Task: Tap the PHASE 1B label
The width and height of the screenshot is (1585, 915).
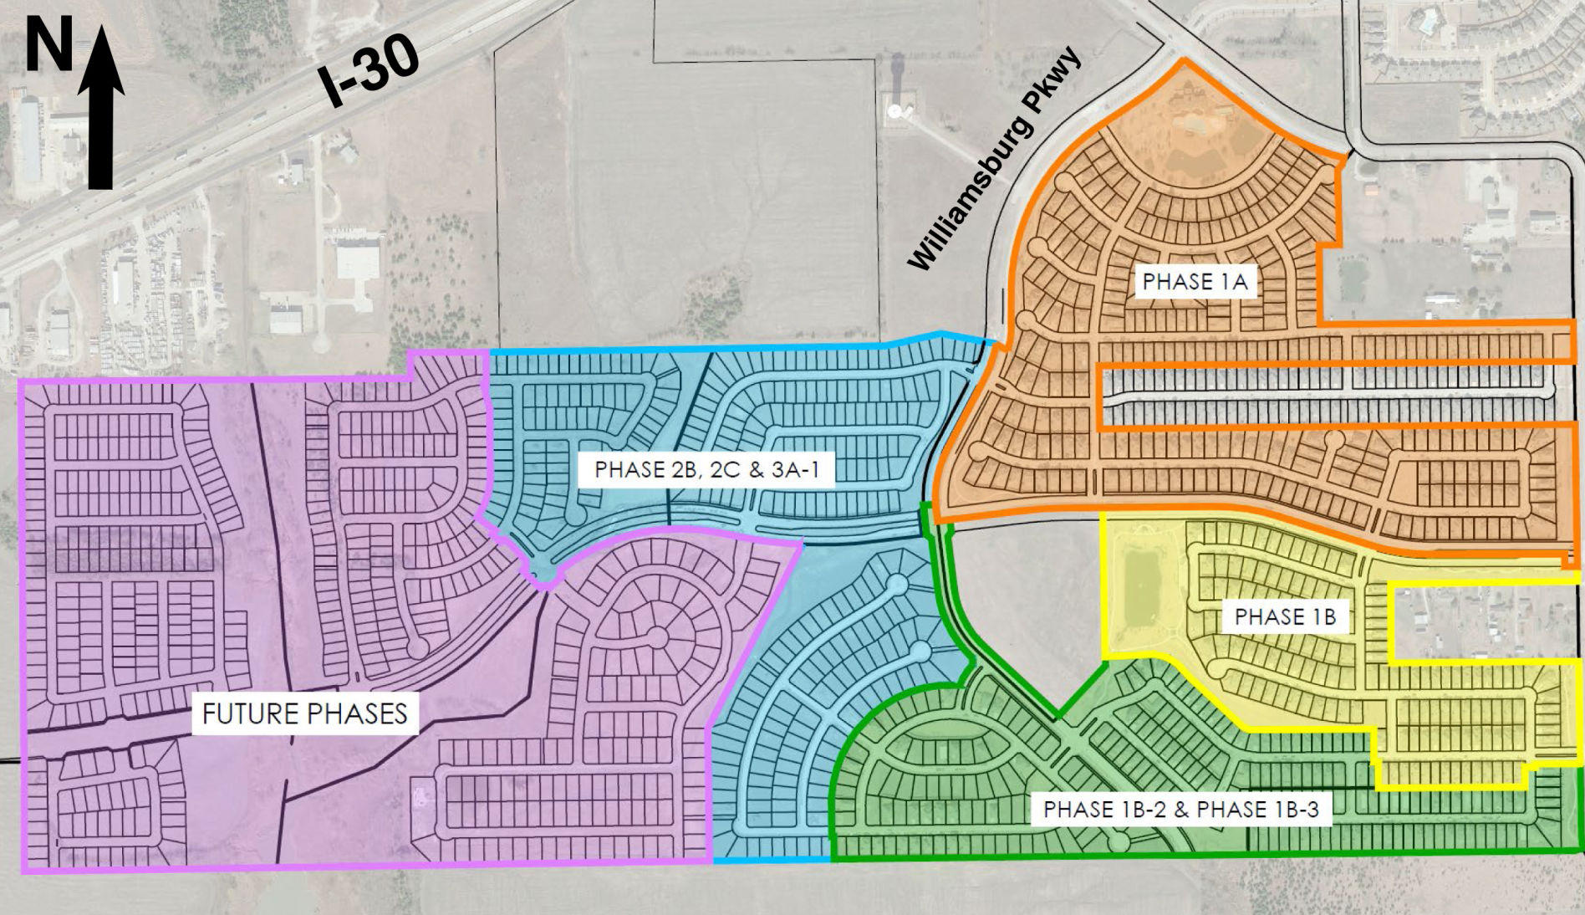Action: pyautogui.click(x=1285, y=617)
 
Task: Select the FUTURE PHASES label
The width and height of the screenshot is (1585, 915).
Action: pyautogui.click(x=305, y=713)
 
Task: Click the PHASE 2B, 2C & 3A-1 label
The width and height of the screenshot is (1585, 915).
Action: pyautogui.click(x=707, y=469)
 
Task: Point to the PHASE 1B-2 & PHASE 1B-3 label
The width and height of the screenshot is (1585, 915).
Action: pyautogui.click(x=1180, y=810)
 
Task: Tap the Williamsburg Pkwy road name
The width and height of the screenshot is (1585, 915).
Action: pyautogui.click(x=995, y=161)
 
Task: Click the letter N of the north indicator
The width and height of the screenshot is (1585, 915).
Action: pyautogui.click(x=48, y=46)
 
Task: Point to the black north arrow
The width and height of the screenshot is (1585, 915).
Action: pyautogui.click(x=101, y=109)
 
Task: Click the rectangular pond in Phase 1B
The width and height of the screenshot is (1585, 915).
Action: pyautogui.click(x=1141, y=590)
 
